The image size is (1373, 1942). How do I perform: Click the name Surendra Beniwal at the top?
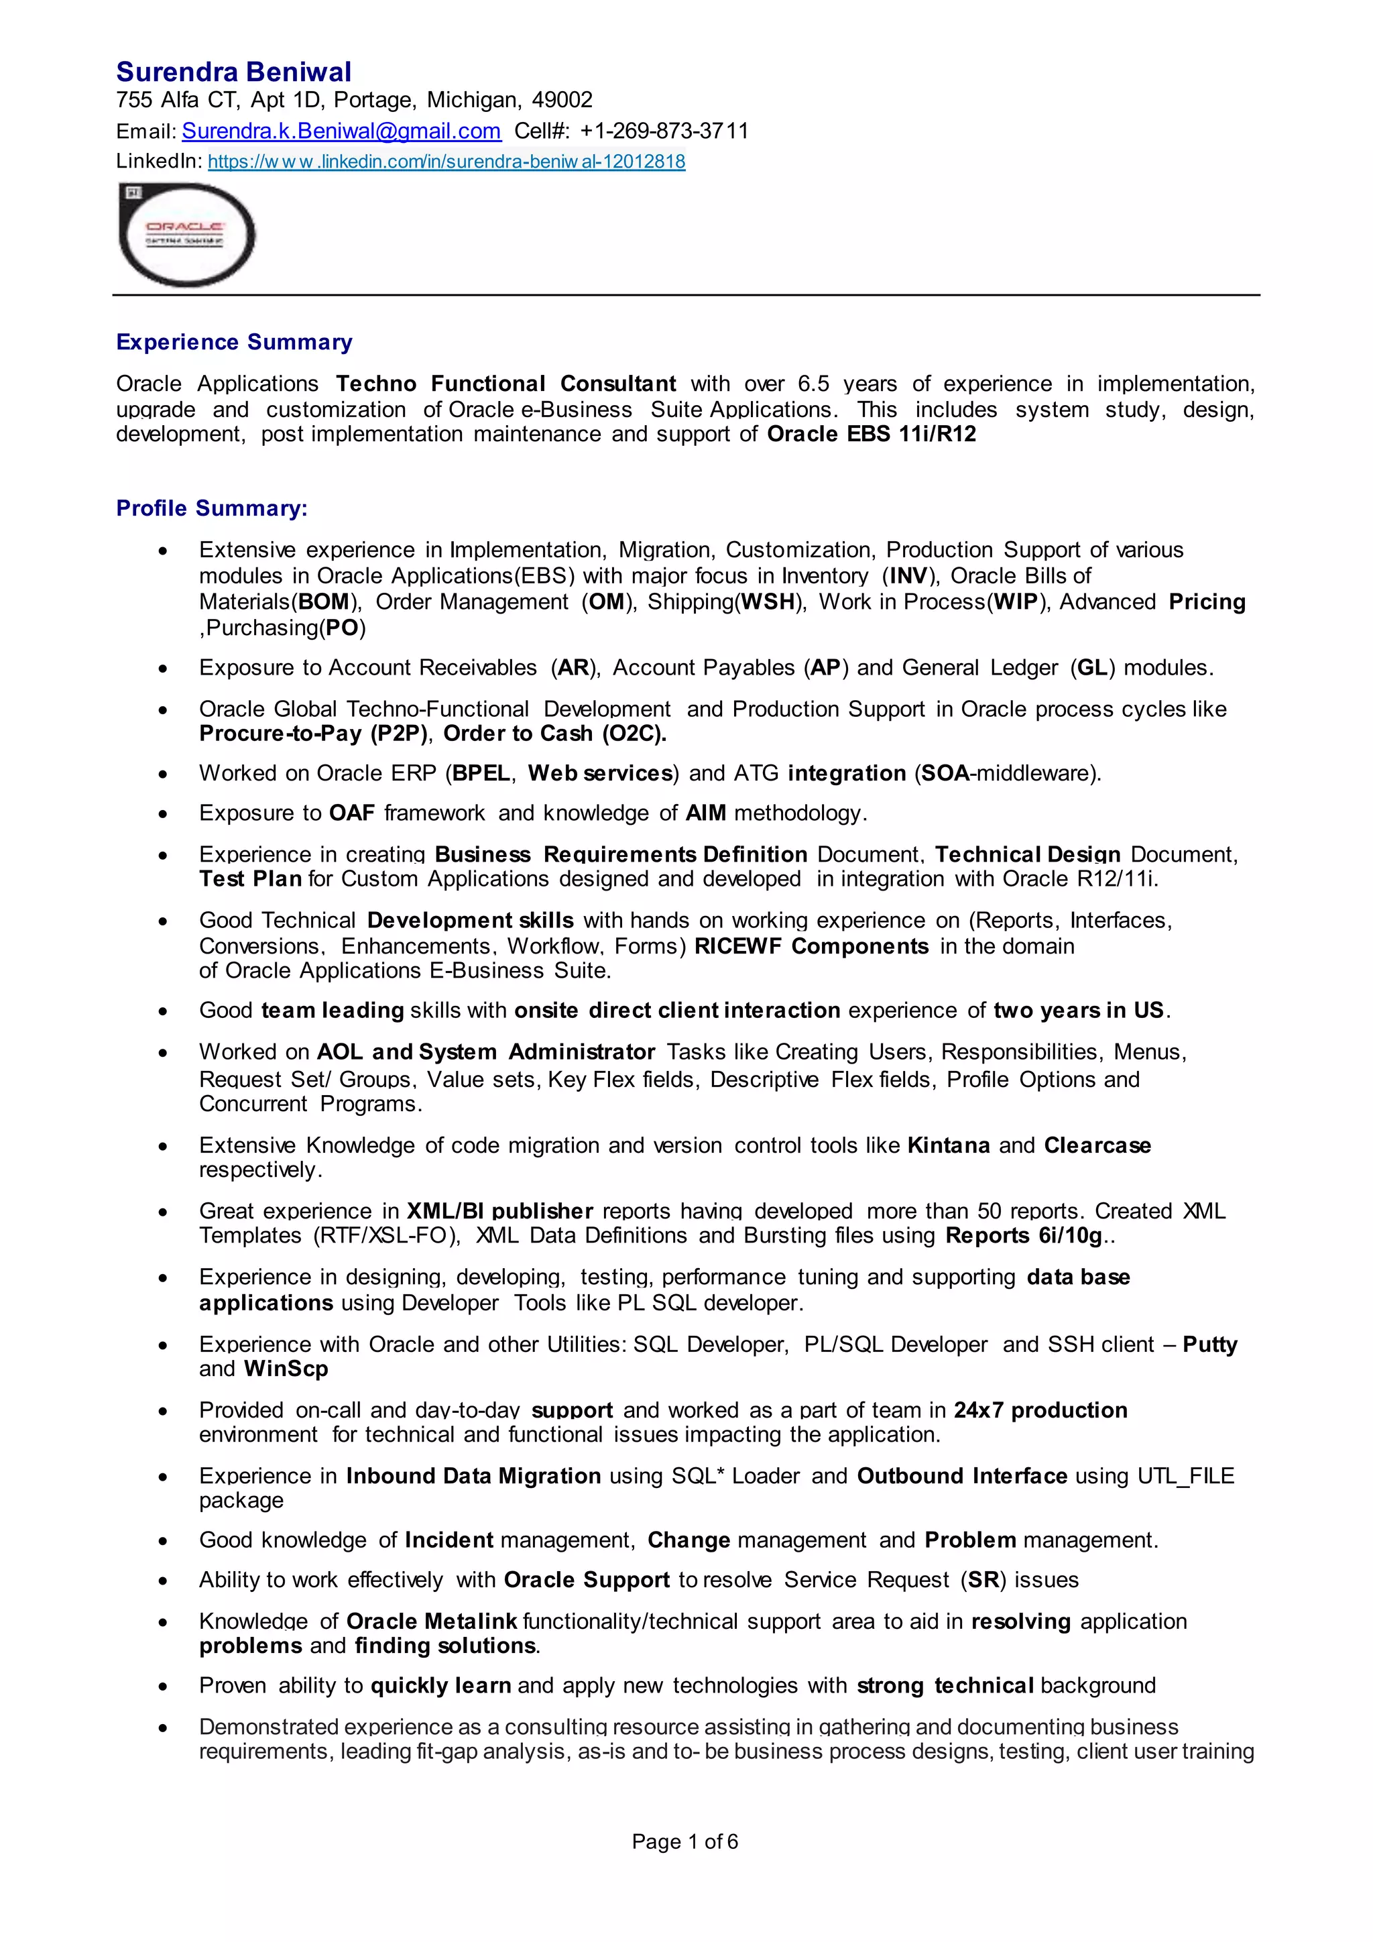click(233, 72)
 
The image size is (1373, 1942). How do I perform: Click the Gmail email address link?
click(341, 131)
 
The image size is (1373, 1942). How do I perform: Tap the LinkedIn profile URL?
click(446, 162)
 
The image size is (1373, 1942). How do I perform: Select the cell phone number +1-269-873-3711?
click(664, 131)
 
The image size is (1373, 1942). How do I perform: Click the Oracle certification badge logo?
click(187, 234)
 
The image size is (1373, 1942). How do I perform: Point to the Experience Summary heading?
click(234, 342)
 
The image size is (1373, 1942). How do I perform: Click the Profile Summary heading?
click(211, 508)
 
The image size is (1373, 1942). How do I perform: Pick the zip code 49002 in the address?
click(562, 101)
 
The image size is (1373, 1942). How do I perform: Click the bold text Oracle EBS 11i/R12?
click(871, 435)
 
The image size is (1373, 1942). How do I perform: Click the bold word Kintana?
click(948, 1145)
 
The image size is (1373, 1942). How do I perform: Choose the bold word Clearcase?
click(1097, 1145)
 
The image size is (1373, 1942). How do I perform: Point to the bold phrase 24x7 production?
click(1040, 1410)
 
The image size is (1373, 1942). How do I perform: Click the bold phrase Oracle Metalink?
click(431, 1621)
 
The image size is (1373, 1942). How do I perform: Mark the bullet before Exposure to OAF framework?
click(162, 815)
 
